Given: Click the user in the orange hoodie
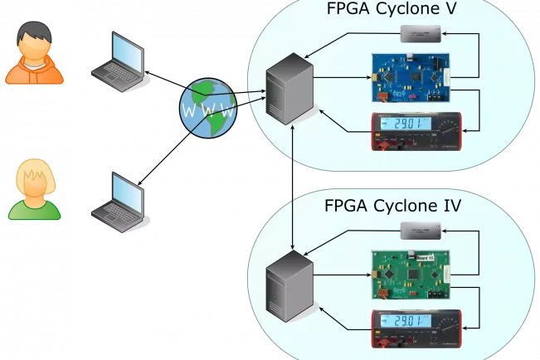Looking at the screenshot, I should (35, 55).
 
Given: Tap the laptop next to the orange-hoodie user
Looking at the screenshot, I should (119, 61).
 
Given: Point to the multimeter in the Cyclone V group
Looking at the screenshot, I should (414, 133).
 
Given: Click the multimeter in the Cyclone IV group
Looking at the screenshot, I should (414, 328).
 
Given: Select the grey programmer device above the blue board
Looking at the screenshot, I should (421, 34).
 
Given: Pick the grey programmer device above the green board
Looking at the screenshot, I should (421, 230).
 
